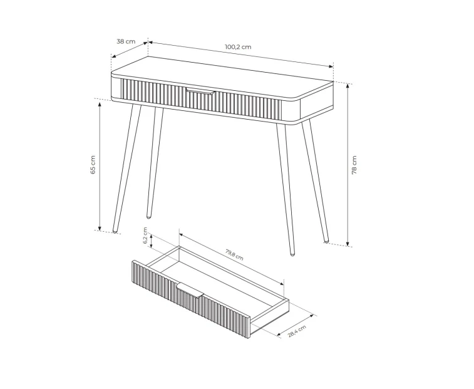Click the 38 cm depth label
pos(126,41)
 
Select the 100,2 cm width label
pos(238,47)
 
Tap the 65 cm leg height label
pos(93,165)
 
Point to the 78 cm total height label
pos(354,165)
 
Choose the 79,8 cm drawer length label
pos(234,254)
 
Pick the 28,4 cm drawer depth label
pos(297,331)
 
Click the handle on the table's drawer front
pos(200,91)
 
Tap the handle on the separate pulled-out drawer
pos(190,290)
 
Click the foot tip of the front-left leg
pos(115,231)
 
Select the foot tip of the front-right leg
pos(292,254)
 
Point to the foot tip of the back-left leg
pos(148,217)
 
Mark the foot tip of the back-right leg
pos(326,241)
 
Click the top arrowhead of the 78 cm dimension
pos(348,86)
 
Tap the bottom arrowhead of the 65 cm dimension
pos(100,228)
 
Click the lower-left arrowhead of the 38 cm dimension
pos(114,56)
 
